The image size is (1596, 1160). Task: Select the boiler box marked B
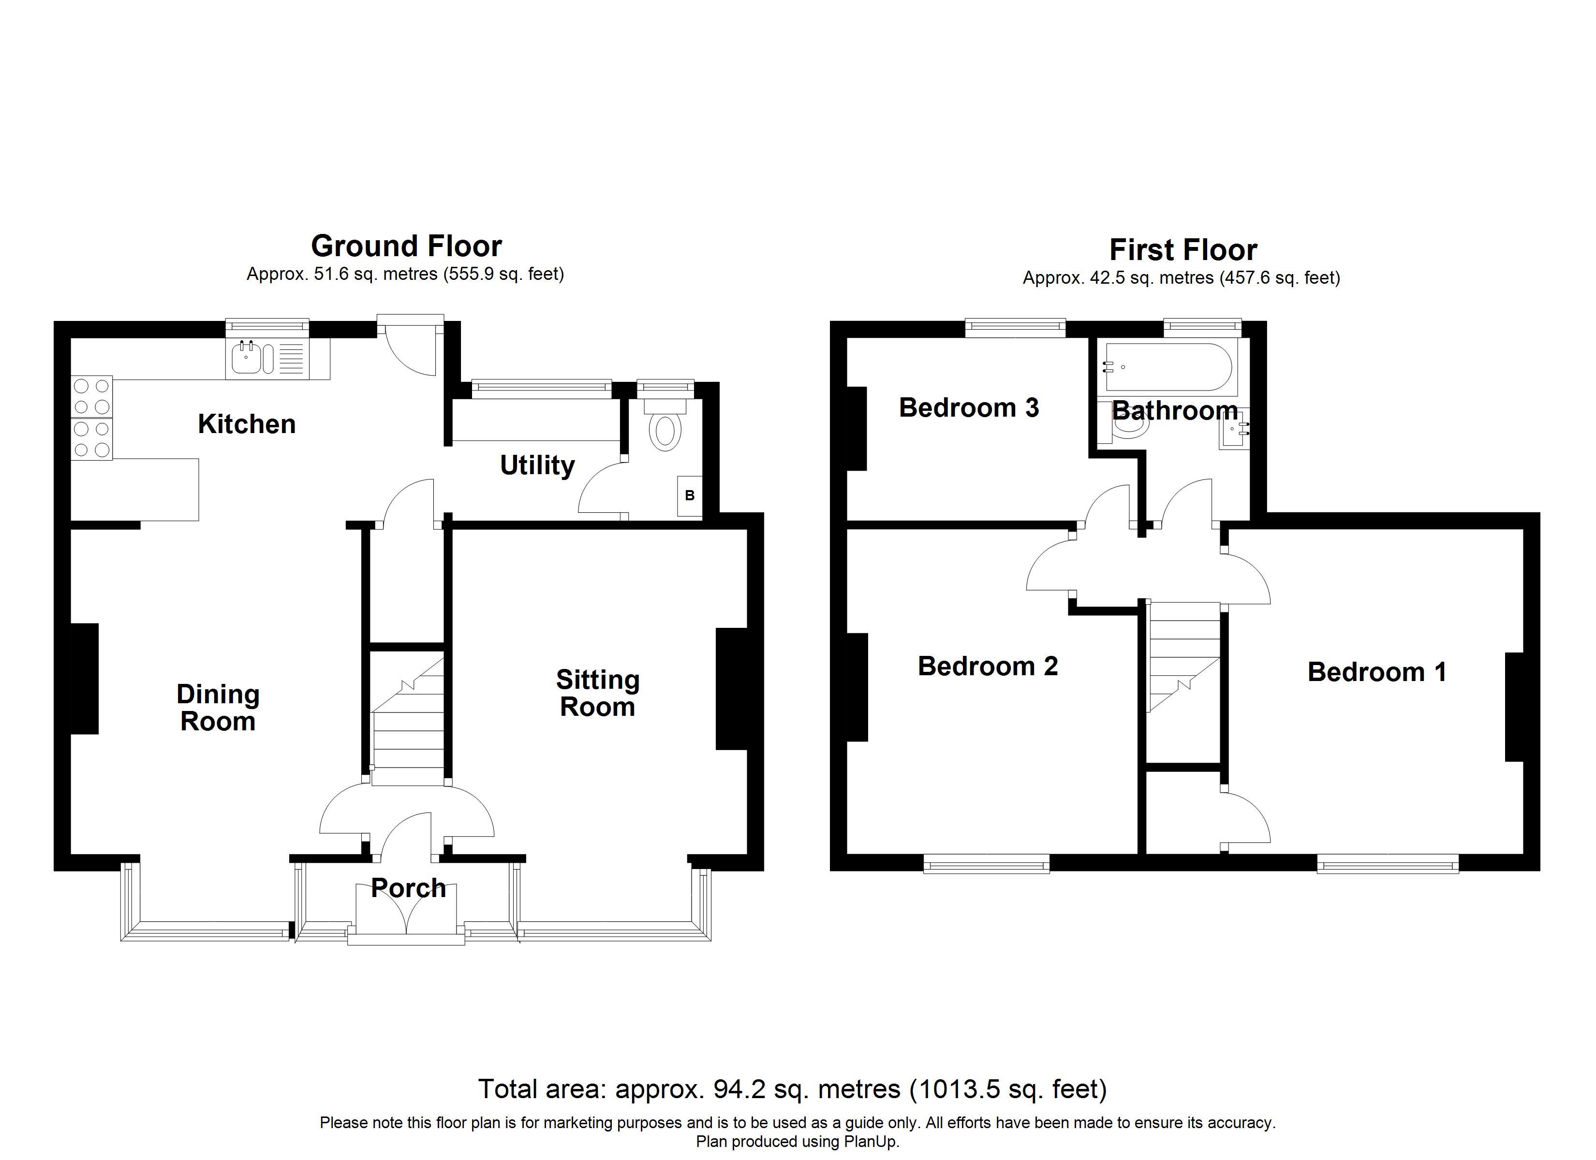pyautogui.click(x=690, y=496)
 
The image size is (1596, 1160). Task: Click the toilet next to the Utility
pyautogui.click(x=665, y=430)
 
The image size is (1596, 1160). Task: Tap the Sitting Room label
pyautogui.click(x=597, y=693)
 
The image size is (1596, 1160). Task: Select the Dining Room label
pyautogui.click(x=218, y=708)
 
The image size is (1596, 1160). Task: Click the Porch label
pyautogui.click(x=408, y=888)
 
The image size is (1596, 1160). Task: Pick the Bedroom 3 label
pyautogui.click(x=969, y=408)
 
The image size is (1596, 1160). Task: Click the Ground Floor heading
pyautogui.click(x=406, y=246)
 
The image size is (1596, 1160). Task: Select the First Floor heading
pyautogui.click(x=1183, y=250)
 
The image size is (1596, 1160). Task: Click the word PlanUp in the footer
pyautogui.click(x=871, y=1142)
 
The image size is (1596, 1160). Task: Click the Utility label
pyautogui.click(x=537, y=465)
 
